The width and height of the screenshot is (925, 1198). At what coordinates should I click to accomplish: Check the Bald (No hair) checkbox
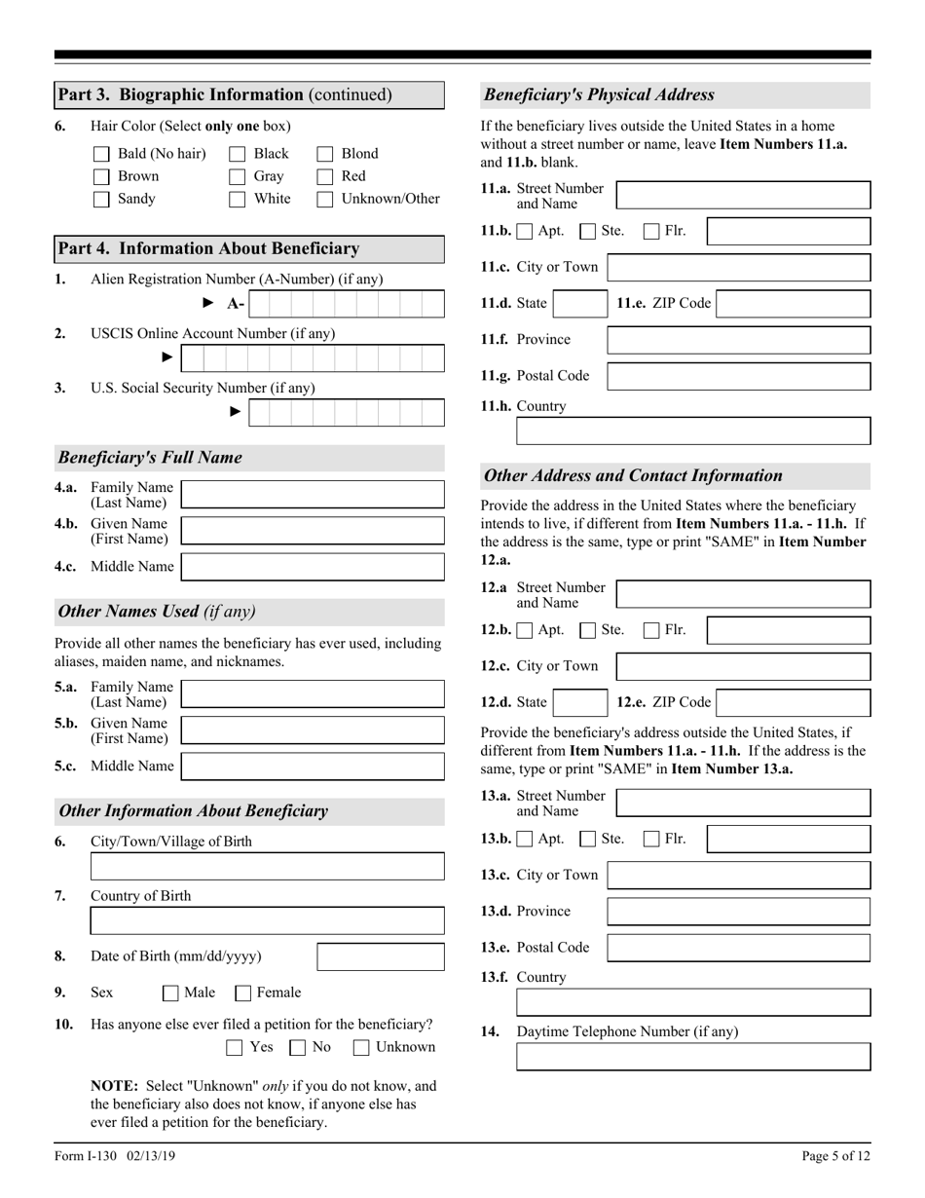coord(101,154)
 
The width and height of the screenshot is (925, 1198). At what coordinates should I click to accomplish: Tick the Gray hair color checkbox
coord(237,177)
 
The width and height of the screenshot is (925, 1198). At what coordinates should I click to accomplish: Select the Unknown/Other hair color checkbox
coord(325,200)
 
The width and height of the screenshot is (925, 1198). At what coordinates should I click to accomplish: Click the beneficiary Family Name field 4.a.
coord(313,495)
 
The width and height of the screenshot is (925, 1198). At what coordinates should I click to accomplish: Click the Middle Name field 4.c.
coord(313,567)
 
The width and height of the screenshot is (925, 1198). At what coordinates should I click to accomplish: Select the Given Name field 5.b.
coord(313,730)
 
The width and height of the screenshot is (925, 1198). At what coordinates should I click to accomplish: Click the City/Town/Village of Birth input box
coord(267,866)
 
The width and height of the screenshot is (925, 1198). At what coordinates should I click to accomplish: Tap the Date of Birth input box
coord(381,956)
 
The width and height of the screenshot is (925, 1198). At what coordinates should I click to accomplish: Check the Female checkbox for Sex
coord(243,993)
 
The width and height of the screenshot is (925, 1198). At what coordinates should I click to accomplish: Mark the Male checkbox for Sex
coord(170,993)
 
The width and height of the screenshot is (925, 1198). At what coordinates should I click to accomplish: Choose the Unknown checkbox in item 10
coord(361,1048)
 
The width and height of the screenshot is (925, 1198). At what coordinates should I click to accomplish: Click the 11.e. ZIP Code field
coord(794,304)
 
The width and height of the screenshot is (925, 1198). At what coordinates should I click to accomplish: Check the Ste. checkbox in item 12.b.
coord(587,631)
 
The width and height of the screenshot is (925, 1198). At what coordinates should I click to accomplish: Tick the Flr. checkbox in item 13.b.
coord(650,839)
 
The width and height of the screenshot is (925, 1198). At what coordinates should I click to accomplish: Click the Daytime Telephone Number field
coord(692,1057)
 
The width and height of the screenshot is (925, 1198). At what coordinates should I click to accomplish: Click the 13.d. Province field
coord(738,912)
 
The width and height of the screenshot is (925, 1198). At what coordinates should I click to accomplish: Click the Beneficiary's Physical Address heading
coord(599,95)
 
